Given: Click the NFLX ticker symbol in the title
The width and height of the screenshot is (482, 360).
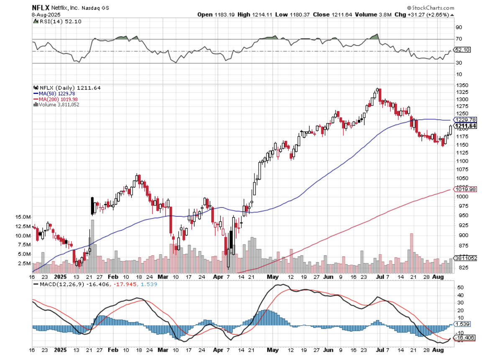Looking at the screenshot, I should point(41,8).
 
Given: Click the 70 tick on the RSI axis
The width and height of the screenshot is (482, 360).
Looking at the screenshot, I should point(459,39).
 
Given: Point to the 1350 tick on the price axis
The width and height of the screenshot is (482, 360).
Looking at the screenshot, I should point(462,85).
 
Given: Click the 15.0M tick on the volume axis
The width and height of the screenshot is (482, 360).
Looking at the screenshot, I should point(23,217).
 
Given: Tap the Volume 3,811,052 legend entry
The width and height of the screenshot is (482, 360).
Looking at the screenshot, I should point(57,105).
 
